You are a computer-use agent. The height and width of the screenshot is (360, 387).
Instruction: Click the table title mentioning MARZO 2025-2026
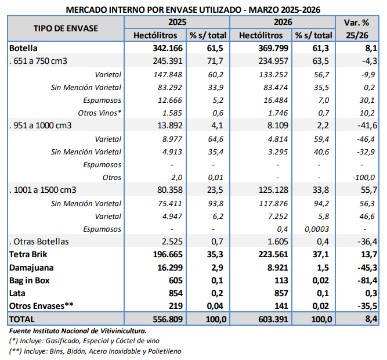tap(193, 10)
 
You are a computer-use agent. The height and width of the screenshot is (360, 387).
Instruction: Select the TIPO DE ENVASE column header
tap(66, 28)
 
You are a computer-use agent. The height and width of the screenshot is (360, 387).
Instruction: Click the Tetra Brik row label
tap(29, 255)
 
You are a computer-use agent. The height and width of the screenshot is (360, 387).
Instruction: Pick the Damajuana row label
tap(31, 268)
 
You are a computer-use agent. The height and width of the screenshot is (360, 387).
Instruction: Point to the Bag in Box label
tap(30, 280)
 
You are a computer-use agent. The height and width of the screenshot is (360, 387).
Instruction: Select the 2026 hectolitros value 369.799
tap(273, 48)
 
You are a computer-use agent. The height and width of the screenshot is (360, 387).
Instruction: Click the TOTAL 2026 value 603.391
tap(273, 319)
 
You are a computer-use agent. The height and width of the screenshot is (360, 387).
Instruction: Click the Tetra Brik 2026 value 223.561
tap(273, 255)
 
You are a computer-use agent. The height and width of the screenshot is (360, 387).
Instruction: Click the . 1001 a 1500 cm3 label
tap(43, 190)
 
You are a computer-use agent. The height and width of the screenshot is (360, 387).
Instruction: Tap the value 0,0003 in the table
tap(316, 229)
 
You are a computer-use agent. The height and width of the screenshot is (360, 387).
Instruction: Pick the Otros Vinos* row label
tap(99, 113)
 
